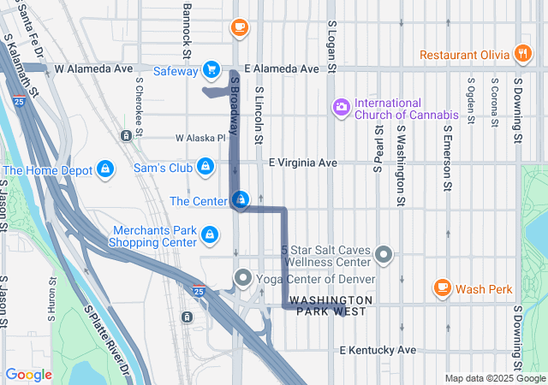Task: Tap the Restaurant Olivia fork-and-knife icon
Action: (x=522, y=53)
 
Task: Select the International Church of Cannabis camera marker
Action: (x=341, y=107)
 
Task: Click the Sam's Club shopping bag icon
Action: (x=205, y=166)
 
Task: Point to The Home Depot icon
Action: (x=104, y=169)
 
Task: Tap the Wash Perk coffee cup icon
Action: (x=442, y=287)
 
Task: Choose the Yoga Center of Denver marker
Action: (x=243, y=278)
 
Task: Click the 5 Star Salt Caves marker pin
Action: (x=384, y=254)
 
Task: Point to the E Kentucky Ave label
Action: (x=377, y=350)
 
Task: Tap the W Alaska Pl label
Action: (x=200, y=137)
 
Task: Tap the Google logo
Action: (x=28, y=375)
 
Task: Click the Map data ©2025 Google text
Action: (x=495, y=378)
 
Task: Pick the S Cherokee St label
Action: (x=139, y=104)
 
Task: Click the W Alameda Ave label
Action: (x=93, y=68)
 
